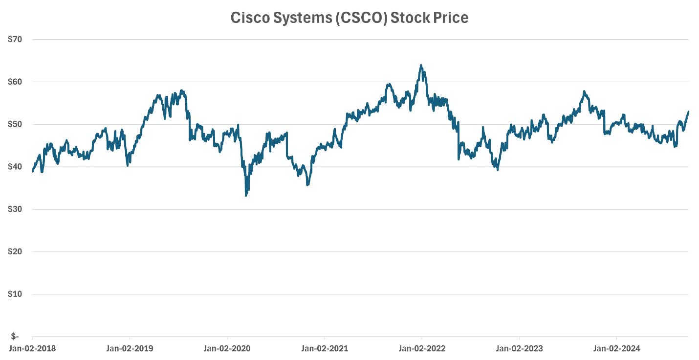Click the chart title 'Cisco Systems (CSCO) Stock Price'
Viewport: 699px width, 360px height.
349,18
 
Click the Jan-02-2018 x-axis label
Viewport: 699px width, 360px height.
32,349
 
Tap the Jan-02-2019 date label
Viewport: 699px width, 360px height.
130,349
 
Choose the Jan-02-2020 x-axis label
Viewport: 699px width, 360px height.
227,349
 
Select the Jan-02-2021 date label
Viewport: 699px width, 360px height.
325,349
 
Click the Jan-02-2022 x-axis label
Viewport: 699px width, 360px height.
422,349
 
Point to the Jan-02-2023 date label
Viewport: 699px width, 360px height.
519,349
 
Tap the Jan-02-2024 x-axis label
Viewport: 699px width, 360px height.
616,349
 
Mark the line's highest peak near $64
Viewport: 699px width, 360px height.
421,65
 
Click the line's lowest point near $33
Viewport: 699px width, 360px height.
246,196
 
